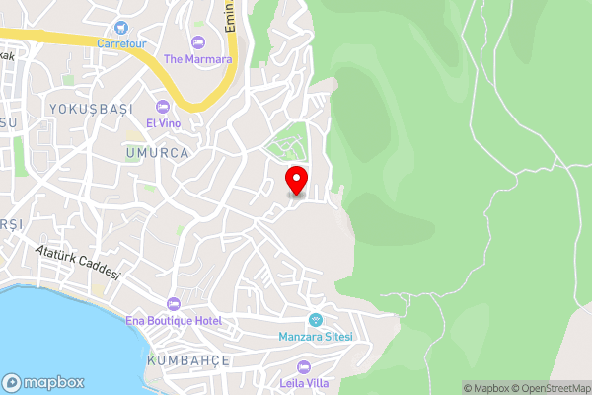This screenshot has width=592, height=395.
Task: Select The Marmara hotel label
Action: (x=197, y=59)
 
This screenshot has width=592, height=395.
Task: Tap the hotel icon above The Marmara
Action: (x=197, y=42)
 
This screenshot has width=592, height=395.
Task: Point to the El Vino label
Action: (x=163, y=123)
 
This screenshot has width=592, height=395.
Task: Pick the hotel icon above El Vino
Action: (x=163, y=107)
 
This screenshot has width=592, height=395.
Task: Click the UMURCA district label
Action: (x=157, y=153)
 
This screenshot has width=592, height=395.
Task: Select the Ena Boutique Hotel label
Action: (x=175, y=320)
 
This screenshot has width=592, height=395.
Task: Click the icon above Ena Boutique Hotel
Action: (x=175, y=303)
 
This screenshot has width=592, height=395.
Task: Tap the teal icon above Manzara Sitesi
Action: (x=316, y=319)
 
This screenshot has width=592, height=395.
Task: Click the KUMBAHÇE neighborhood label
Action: (x=187, y=361)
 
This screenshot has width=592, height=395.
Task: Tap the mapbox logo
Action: (x=43, y=382)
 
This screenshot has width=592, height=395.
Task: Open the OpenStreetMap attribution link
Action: (x=549, y=388)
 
